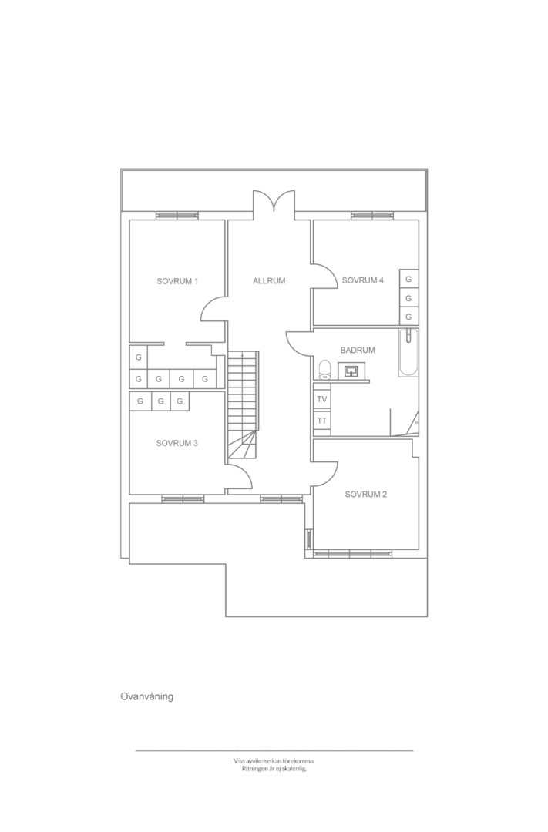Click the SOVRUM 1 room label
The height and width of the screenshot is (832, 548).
[177, 281]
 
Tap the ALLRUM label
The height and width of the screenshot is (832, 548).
[269, 280]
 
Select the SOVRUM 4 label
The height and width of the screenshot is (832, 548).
[363, 280]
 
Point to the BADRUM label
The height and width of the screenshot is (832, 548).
[358, 351]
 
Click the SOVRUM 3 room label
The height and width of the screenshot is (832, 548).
[177, 443]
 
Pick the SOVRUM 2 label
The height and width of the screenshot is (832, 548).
[366, 494]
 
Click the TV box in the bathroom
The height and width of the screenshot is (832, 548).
[322, 399]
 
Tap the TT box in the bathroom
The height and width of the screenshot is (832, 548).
[322, 421]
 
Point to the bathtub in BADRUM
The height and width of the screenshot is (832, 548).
[408, 353]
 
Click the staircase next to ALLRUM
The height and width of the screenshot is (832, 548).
[244, 407]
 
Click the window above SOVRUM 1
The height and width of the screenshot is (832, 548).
[177, 216]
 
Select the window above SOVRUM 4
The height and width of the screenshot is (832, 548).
[372, 216]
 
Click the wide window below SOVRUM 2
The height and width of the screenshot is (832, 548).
[353, 553]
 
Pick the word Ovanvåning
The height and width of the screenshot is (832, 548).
[147, 696]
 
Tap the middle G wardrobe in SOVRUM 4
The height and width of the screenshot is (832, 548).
[408, 298]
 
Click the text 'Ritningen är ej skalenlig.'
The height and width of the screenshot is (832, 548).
[274, 768]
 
